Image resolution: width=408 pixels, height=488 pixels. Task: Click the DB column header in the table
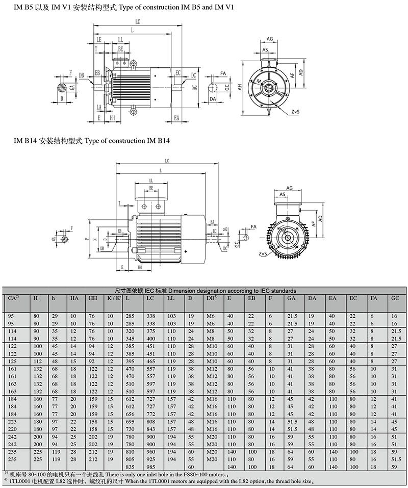point(212,297)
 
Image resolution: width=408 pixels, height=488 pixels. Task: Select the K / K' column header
point(114,297)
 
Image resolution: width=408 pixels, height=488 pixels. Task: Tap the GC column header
point(394,297)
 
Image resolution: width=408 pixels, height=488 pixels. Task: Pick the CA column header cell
point(14,297)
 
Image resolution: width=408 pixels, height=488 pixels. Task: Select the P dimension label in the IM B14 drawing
point(87,238)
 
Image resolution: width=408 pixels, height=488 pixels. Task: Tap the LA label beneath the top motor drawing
point(98,107)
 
